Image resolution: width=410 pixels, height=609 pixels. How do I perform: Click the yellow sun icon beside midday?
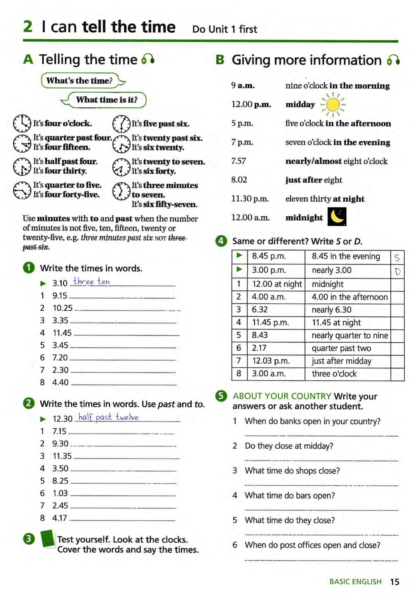(x=333, y=105)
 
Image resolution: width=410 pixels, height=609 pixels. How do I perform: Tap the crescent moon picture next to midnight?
(x=337, y=216)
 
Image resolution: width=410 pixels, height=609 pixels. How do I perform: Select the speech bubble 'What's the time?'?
(x=80, y=81)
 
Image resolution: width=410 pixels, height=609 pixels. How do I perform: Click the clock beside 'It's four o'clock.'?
(x=22, y=123)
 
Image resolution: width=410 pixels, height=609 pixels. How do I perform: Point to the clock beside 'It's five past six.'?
(x=121, y=124)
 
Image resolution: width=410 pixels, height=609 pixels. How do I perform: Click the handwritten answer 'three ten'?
(x=92, y=281)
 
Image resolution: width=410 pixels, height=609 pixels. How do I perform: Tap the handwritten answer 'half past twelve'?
(x=109, y=417)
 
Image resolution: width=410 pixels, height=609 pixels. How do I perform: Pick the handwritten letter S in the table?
(x=397, y=257)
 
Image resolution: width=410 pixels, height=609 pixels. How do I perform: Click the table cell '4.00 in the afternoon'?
(x=349, y=297)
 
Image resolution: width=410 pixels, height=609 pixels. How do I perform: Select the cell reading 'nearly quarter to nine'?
(x=350, y=335)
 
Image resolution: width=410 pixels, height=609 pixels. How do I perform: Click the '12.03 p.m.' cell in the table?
(x=271, y=361)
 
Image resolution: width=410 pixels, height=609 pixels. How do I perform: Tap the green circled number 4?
(x=221, y=241)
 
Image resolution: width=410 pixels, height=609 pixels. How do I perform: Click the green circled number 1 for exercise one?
(x=29, y=268)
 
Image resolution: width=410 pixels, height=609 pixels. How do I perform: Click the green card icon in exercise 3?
(x=48, y=538)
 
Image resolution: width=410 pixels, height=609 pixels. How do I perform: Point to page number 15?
(x=395, y=582)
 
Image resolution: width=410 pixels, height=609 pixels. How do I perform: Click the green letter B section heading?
(x=220, y=59)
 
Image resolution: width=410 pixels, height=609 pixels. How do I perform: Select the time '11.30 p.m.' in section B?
(x=250, y=199)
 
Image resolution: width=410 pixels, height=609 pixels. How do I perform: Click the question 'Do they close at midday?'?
(x=289, y=446)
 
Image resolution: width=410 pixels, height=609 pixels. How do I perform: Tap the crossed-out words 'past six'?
(x=36, y=247)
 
